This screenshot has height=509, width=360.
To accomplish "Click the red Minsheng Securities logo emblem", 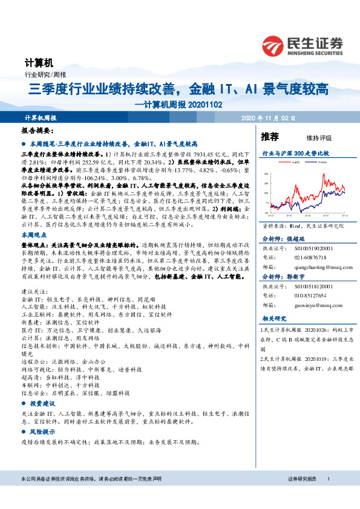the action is click(274, 45).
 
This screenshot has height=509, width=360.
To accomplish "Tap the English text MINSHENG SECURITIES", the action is click(315, 52).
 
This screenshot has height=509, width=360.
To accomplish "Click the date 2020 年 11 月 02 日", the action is click(267, 117).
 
